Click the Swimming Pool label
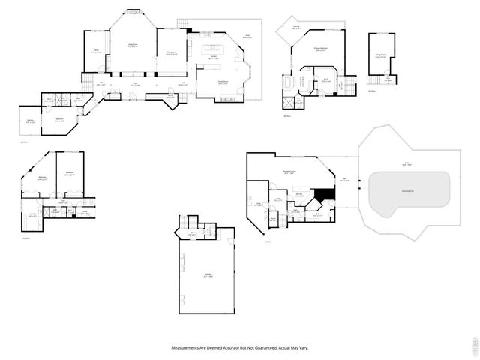[409, 191]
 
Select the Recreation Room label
[289, 172]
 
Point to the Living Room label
[131, 46]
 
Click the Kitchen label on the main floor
[213, 57]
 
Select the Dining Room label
[223, 82]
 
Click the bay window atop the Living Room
[132, 10]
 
